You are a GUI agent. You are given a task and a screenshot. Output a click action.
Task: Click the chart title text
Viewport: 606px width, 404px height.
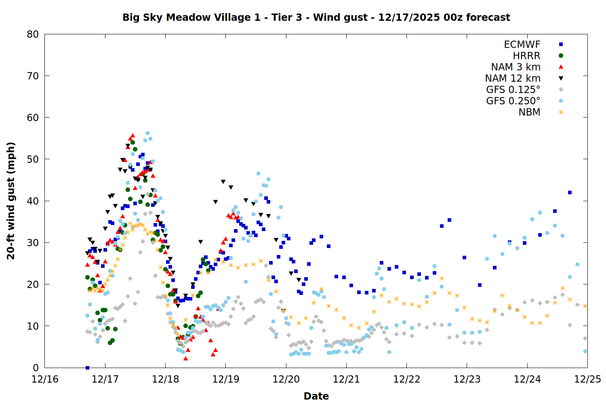click(x=316, y=17)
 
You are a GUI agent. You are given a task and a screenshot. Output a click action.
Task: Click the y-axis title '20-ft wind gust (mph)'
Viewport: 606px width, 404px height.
click(x=11, y=201)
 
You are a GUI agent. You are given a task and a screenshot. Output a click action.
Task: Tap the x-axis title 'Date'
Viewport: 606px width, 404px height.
click(x=316, y=396)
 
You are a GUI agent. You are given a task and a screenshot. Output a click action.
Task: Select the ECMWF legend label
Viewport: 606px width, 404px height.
click(x=522, y=44)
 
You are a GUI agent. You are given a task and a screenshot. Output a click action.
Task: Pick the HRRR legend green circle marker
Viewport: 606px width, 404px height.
click(x=561, y=56)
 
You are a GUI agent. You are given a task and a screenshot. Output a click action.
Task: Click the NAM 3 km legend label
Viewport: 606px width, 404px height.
click(x=516, y=67)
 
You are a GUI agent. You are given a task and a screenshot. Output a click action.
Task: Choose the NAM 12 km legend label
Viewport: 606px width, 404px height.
click(x=513, y=78)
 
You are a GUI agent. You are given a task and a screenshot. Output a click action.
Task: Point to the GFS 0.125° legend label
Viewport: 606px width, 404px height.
click(x=513, y=90)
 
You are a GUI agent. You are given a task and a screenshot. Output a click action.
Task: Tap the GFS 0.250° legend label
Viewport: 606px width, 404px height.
click(x=513, y=101)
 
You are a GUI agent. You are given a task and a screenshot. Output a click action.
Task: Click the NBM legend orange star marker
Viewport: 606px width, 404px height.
click(x=561, y=112)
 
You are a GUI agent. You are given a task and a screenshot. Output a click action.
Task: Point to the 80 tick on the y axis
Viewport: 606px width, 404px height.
click(x=33, y=34)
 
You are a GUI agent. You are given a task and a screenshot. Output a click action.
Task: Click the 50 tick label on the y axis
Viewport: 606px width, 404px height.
click(x=33, y=159)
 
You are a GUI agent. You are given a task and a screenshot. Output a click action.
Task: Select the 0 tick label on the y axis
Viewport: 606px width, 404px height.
click(x=36, y=368)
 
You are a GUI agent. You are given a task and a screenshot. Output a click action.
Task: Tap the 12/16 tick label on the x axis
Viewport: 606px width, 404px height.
click(x=45, y=379)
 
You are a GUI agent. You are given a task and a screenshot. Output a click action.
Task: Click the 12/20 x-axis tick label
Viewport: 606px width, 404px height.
click(x=286, y=379)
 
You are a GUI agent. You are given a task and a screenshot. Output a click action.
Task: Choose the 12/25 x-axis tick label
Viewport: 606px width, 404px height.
click(x=587, y=379)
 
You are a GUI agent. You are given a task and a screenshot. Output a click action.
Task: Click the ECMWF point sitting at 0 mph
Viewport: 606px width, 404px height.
click(x=87, y=368)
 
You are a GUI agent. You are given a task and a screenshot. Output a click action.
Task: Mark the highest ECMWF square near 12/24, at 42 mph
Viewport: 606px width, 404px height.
click(x=570, y=193)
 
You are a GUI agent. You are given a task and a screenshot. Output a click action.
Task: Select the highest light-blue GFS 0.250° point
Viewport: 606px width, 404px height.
click(x=147, y=133)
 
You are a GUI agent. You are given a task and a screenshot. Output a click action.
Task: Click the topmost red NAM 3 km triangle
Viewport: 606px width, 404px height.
click(x=133, y=135)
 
